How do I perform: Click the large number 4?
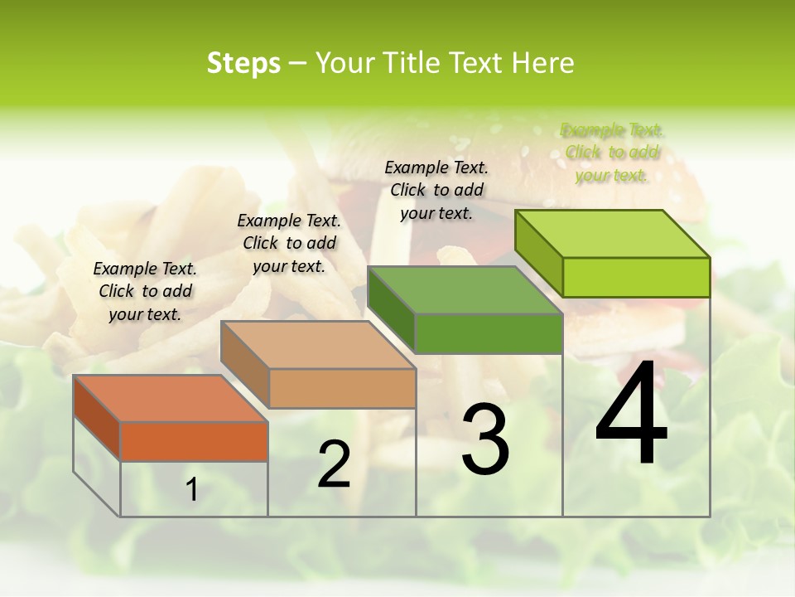(631, 415)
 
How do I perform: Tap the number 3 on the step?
(485, 439)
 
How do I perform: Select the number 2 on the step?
(335, 464)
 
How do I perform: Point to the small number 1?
(191, 490)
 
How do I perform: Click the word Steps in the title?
(243, 63)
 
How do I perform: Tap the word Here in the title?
(543, 63)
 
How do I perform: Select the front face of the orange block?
(194, 442)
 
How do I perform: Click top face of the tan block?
(319, 345)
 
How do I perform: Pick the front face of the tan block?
(342, 388)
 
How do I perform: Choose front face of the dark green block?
(489, 333)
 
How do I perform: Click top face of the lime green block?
(613, 234)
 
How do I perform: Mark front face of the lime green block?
(636, 277)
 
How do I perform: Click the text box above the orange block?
(145, 291)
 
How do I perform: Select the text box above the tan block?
(289, 243)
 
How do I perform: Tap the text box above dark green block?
(436, 190)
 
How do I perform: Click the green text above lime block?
(612, 152)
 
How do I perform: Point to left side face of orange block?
(97, 418)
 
